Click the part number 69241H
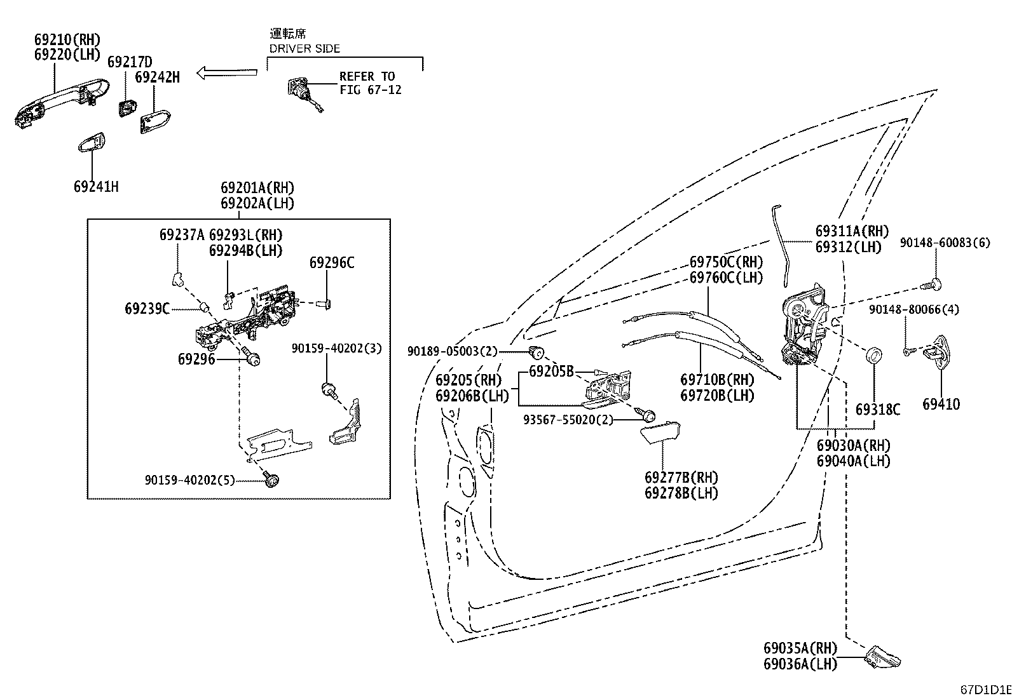point(96,187)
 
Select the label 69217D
point(130,62)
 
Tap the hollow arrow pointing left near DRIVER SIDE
point(227,72)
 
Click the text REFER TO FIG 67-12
point(370,83)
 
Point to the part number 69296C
point(332,262)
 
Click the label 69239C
point(147,309)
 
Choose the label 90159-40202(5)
point(189,481)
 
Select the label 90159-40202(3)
point(337,349)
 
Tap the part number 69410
point(941,404)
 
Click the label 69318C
point(877,410)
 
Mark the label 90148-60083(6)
point(945,243)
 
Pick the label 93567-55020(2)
point(568,420)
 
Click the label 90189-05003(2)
point(453,351)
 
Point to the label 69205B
point(551,371)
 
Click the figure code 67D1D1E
point(985,690)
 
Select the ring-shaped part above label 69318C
point(875,354)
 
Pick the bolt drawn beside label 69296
point(252,359)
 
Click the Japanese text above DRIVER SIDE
point(287,34)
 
